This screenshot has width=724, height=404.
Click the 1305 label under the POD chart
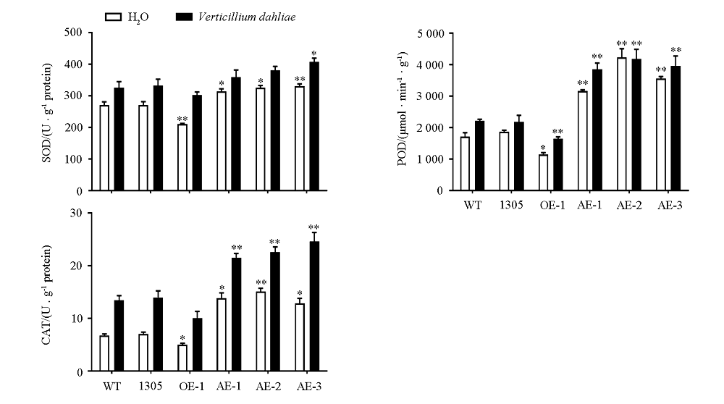pyautogui.click(x=510, y=206)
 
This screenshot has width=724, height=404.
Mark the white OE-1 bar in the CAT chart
pyautogui.click(x=182, y=358)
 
